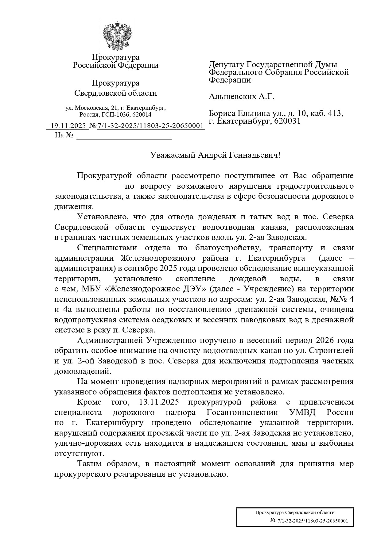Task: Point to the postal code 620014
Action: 142,115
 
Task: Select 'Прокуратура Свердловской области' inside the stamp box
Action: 295,513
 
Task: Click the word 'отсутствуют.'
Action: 80,454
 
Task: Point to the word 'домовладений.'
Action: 82,371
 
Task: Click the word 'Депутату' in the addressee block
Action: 227,65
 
